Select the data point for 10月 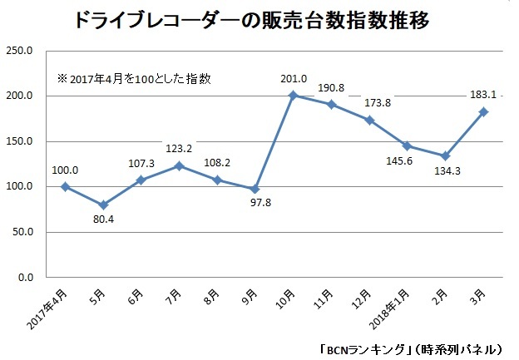click(293, 96)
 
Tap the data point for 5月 click(102, 205)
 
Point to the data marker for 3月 click(483, 111)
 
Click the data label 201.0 click(294, 79)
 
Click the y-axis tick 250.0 click(19, 52)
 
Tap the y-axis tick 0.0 click(24, 278)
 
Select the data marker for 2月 click(445, 155)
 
